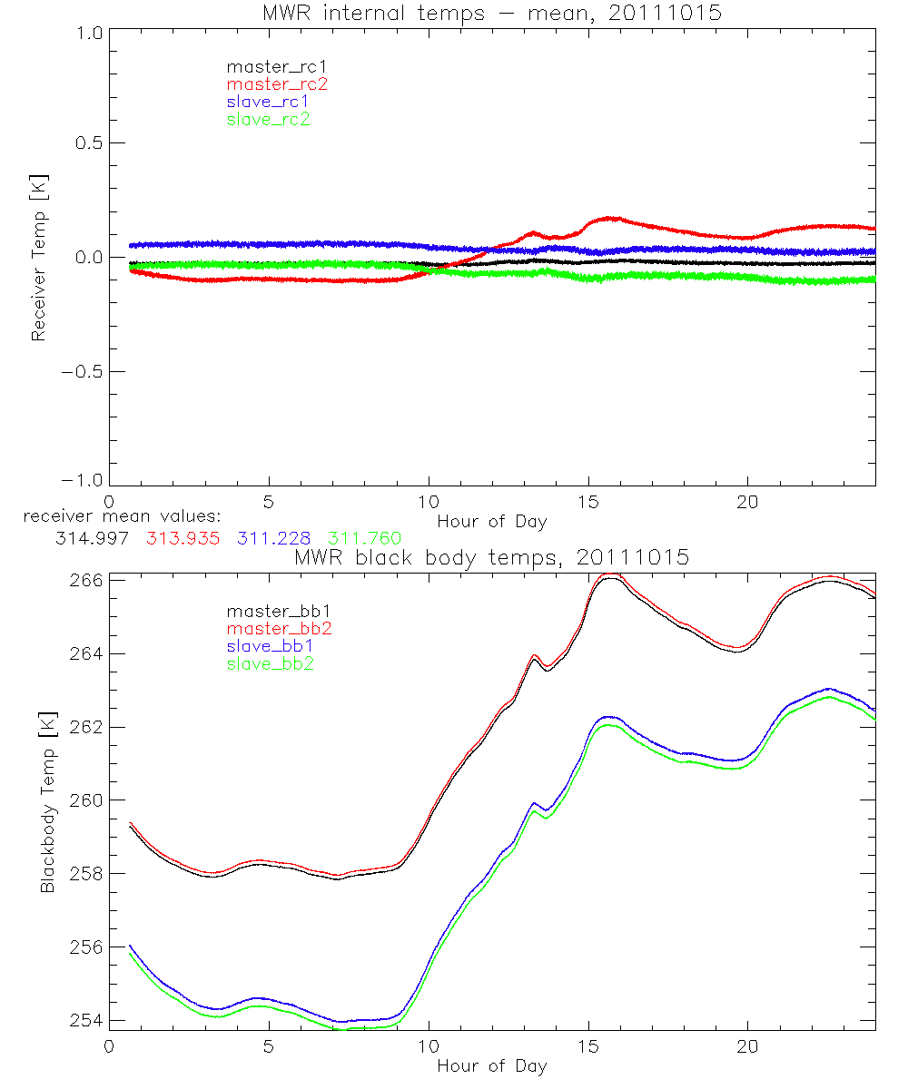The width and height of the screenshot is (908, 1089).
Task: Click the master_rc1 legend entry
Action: pyautogui.click(x=268, y=66)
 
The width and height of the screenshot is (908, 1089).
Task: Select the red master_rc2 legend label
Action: pyautogui.click(x=277, y=83)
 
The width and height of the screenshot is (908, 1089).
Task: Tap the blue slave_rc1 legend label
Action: pyautogui.click(x=268, y=101)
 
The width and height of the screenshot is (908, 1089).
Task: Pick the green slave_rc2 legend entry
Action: pyautogui.click(x=268, y=118)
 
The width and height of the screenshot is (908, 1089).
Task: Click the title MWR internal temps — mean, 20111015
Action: pyautogui.click(x=491, y=13)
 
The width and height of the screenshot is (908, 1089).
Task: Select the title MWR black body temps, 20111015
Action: pyautogui.click(x=491, y=557)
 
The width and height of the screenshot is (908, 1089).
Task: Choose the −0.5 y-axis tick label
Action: pyautogui.click(x=84, y=372)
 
